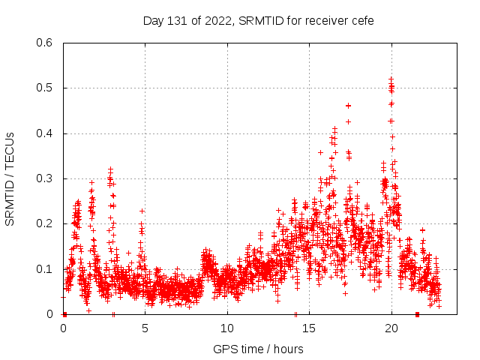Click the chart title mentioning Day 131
(258, 20)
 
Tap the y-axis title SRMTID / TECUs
(10, 178)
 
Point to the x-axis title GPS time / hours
(258, 349)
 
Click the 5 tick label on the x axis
(145, 328)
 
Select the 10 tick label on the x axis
(227, 328)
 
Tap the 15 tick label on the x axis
(310, 328)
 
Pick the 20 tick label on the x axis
(391, 328)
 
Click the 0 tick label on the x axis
(63, 328)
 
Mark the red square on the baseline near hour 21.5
(417, 314)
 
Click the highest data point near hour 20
(391, 79)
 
